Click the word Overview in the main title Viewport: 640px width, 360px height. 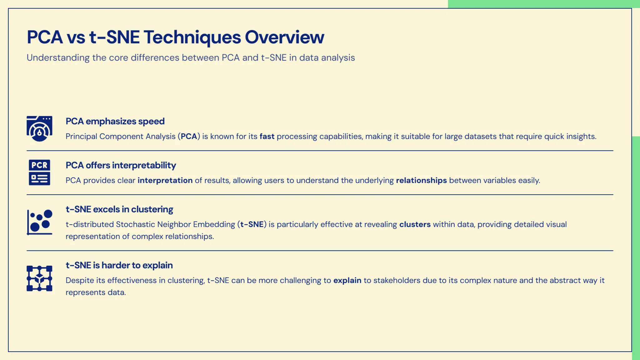(284, 37)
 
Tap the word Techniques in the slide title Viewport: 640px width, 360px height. (192, 37)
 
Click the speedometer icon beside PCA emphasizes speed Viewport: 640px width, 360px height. (39, 129)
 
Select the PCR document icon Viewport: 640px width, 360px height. (39, 172)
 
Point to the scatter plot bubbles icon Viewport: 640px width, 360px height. (39, 222)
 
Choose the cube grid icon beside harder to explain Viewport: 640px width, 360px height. (39, 278)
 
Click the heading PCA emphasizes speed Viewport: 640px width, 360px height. (115, 121)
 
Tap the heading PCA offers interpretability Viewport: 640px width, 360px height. (121, 165)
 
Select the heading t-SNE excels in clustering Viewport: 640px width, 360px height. (119, 209)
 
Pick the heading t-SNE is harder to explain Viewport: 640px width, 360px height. (119, 265)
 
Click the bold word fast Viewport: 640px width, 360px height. (267, 137)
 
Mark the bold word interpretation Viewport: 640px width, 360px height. (165, 181)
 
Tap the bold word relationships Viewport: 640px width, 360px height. (421, 181)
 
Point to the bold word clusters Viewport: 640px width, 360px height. (415, 224)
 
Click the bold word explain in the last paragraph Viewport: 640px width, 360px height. (347, 280)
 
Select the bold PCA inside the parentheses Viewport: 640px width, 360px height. (189, 137)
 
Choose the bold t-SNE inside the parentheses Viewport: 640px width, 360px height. (252, 224)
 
